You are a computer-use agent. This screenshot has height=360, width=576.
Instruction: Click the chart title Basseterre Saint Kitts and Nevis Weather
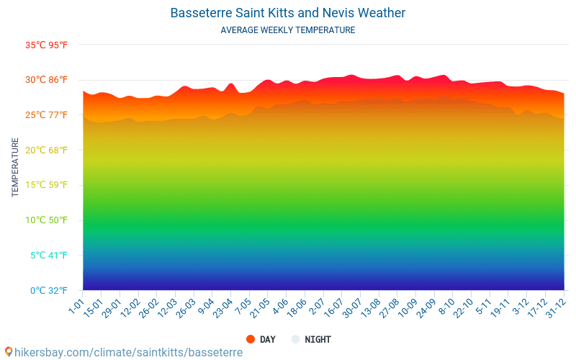(288, 13)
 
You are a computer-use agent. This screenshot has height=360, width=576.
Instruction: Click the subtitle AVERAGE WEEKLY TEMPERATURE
(288, 30)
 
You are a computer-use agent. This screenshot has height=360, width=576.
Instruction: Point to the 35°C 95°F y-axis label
(46, 45)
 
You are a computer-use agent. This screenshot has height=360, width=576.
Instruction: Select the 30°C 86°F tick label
(46, 80)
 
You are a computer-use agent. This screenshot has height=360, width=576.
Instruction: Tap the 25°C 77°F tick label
(46, 115)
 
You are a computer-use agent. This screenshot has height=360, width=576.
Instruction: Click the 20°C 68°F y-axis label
(46, 150)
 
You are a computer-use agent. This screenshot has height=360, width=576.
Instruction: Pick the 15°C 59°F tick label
(46, 185)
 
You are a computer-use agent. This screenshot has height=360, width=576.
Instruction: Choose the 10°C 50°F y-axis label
(46, 220)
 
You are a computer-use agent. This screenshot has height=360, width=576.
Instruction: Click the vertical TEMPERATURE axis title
(16, 168)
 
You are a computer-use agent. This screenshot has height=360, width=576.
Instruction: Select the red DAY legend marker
(251, 339)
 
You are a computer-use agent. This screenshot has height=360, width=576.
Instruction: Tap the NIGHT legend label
(318, 339)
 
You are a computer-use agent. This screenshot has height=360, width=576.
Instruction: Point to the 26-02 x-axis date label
(148, 310)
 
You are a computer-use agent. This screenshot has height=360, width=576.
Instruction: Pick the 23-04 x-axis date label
(222, 310)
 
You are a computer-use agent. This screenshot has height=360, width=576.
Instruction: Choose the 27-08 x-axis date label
(389, 310)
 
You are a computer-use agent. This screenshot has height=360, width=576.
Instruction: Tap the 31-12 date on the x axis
(556, 310)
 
